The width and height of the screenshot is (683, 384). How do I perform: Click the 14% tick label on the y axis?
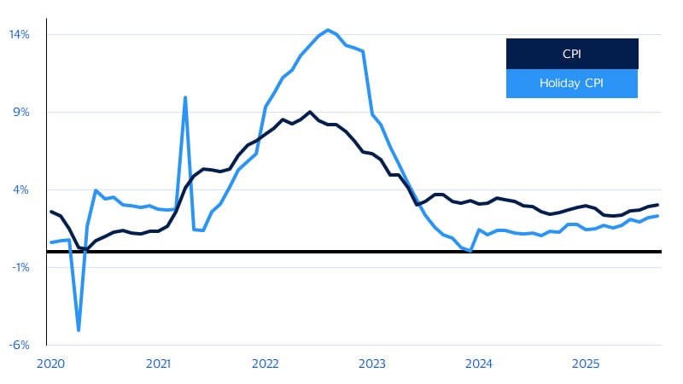20,35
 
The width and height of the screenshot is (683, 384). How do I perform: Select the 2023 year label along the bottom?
372,364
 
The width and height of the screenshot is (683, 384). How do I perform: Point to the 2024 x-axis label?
479,364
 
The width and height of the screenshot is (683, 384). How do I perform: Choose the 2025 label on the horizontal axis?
586,364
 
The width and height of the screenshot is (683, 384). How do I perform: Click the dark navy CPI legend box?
572,53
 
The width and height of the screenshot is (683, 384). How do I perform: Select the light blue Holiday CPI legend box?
572,84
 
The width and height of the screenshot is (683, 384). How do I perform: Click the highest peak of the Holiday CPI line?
328,30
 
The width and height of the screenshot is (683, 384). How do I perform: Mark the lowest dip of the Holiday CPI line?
79,330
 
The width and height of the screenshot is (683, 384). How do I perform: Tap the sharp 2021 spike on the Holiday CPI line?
185,97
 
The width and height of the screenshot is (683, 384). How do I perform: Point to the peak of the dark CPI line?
310,112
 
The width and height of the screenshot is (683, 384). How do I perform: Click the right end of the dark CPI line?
657,204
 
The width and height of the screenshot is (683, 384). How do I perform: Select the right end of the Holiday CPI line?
657,216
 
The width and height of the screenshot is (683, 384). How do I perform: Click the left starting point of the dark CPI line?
51,212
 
